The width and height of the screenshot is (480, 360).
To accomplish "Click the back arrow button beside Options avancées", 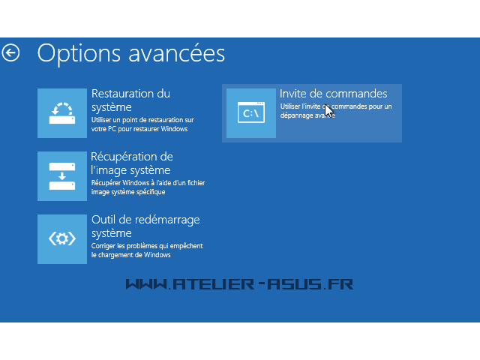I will pos(11,52).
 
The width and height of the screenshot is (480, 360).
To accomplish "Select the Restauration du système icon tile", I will pos(62,113).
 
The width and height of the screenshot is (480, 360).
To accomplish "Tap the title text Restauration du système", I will pos(130,100).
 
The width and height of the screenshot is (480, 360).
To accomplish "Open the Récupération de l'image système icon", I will pos(62,176).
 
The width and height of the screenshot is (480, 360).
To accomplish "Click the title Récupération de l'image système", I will pos(132,163).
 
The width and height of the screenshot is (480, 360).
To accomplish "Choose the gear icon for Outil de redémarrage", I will pos(62,239).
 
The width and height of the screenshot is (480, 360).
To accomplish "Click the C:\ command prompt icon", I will pos(251,113).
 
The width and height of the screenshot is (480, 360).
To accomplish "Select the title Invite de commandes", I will pos(333,94).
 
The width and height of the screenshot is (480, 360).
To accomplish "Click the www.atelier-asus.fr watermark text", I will pos(239,284).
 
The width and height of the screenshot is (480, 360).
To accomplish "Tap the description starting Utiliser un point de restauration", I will pos(142,124).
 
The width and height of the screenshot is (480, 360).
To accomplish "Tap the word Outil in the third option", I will pos(103,220).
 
